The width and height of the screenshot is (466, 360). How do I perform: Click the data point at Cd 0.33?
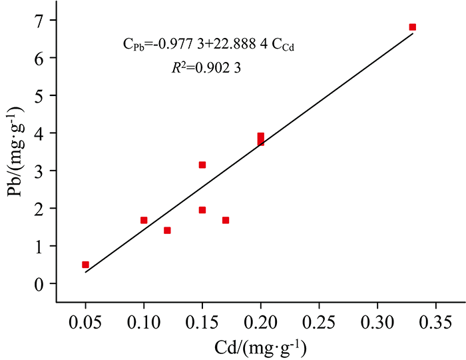413,27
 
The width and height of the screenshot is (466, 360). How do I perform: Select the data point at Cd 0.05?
85,265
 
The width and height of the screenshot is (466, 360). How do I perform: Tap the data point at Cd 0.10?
144,220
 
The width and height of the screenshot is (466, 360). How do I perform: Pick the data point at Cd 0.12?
167,231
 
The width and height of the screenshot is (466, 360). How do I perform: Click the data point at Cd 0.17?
226,220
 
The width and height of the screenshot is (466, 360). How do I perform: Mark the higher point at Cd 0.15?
202,165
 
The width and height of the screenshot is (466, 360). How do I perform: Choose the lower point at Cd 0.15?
202,210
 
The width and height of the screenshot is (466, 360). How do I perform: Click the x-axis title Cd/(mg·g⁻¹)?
260,347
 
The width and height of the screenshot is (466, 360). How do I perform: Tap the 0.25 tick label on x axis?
319,323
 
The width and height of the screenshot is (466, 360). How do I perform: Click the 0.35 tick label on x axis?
436,323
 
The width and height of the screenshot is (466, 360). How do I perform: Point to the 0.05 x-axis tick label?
85,323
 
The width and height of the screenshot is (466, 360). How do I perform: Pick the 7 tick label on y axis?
41,20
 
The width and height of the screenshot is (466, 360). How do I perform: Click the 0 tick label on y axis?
41,283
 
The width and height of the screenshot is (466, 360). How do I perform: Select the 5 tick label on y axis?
41,95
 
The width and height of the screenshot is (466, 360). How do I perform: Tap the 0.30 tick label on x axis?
377,323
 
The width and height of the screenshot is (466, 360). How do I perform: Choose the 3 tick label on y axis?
41,171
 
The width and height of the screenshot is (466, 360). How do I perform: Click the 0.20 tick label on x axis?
260,323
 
